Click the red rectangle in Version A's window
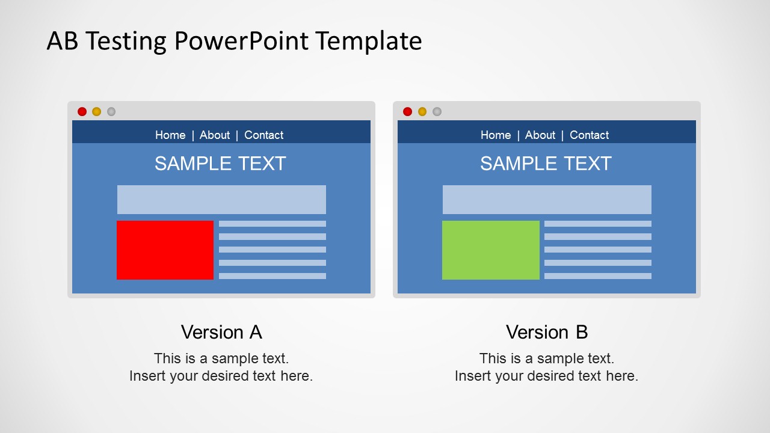click(165, 250)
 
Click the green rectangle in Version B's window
click(490, 250)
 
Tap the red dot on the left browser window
click(82, 112)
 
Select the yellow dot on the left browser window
click(97, 112)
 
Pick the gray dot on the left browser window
click(111, 112)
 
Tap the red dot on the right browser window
click(408, 112)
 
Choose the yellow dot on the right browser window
click(422, 112)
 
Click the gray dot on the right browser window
click(437, 112)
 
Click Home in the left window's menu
click(170, 135)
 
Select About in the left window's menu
click(215, 135)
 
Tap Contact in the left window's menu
click(263, 135)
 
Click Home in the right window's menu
click(496, 135)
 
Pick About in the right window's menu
click(540, 135)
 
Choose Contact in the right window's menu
click(589, 135)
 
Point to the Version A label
click(221, 333)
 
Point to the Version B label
click(547, 333)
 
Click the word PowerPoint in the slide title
click(241, 41)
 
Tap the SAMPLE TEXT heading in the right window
click(546, 164)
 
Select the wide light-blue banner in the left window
click(221, 200)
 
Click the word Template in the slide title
click(369, 41)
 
